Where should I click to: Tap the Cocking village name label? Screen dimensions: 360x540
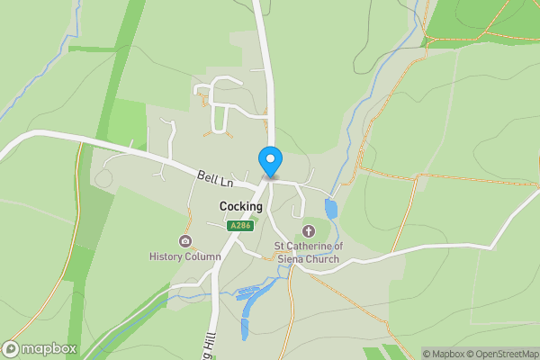click(241, 206)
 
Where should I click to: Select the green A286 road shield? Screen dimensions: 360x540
click(239, 226)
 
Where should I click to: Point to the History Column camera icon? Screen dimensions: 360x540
click(185, 240)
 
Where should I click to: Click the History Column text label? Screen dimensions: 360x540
click(184, 256)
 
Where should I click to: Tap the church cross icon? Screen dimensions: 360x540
click(308, 231)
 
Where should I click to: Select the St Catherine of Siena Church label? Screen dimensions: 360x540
click(308, 253)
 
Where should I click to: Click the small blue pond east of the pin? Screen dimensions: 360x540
click(331, 210)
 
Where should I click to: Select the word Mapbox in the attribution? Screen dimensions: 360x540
click(447, 354)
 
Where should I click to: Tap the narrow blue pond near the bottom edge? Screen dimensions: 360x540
click(245, 325)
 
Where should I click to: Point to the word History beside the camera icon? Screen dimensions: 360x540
click(166, 256)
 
